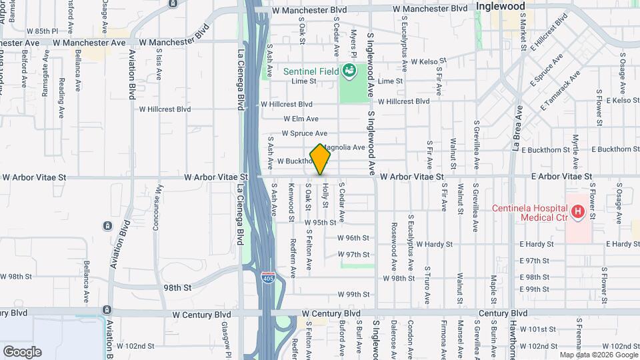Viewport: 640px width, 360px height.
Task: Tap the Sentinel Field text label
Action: (310, 71)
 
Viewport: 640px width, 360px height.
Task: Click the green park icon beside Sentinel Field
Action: (348, 70)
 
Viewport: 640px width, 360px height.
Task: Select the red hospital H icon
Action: (577, 212)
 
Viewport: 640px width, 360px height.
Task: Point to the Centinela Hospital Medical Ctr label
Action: (530, 212)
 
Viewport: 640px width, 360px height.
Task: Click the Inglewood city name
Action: (501, 6)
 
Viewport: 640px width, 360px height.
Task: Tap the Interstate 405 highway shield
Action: (268, 276)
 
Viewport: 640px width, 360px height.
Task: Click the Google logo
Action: (21, 351)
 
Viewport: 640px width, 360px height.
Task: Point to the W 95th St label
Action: (319, 223)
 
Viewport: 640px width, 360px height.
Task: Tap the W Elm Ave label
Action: (301, 119)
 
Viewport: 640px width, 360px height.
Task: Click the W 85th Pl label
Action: (43, 31)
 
